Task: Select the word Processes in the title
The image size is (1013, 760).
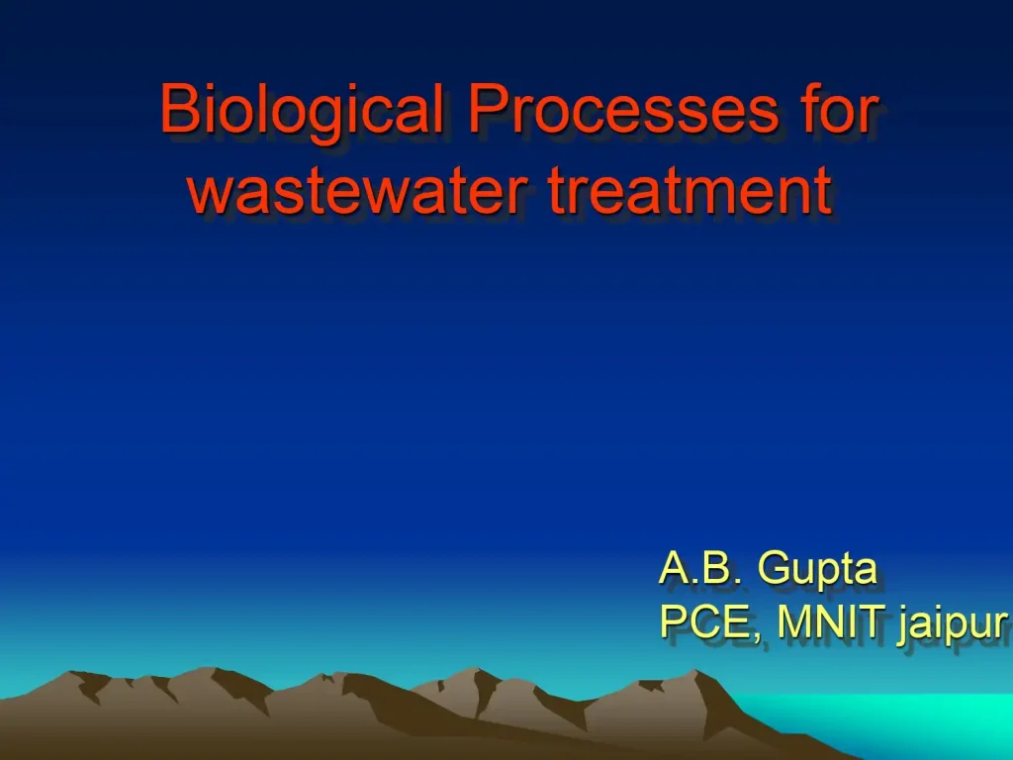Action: tap(623, 111)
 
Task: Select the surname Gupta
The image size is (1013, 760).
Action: tap(817, 572)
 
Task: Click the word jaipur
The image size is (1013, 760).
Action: tap(953, 625)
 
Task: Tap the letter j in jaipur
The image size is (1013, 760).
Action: tap(904, 625)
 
